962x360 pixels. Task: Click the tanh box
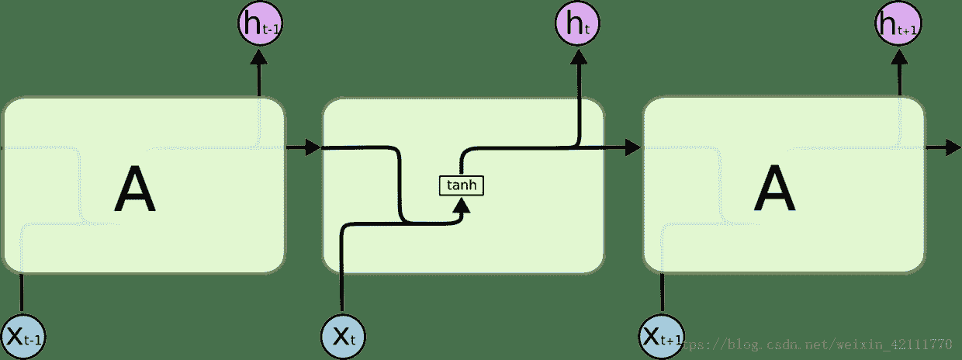[x=462, y=185]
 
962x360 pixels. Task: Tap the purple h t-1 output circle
[x=259, y=24]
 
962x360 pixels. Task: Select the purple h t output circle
[x=578, y=24]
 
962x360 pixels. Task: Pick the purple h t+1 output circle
[x=898, y=24]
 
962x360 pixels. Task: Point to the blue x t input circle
[x=342, y=335]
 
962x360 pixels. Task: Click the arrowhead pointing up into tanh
[x=462, y=205]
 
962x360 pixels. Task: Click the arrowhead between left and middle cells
[x=313, y=147]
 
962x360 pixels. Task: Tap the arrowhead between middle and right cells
[x=633, y=147]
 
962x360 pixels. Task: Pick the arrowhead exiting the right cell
[x=953, y=147]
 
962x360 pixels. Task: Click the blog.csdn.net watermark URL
[x=822, y=343]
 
